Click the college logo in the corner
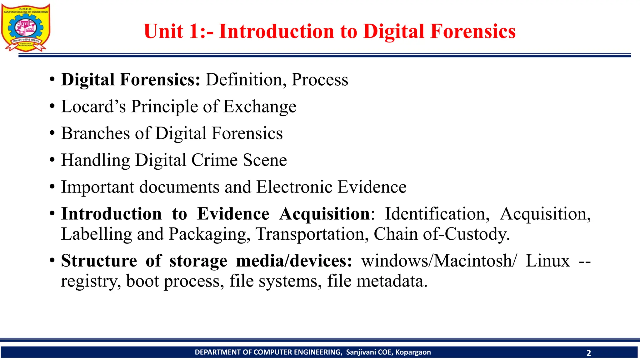click(x=26, y=27)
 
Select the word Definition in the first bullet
click(x=246, y=80)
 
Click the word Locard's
click(x=93, y=107)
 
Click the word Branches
click(x=95, y=133)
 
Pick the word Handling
click(x=95, y=161)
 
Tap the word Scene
click(x=265, y=160)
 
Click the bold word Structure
click(x=99, y=261)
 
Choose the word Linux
click(x=547, y=261)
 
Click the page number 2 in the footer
click(x=589, y=353)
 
